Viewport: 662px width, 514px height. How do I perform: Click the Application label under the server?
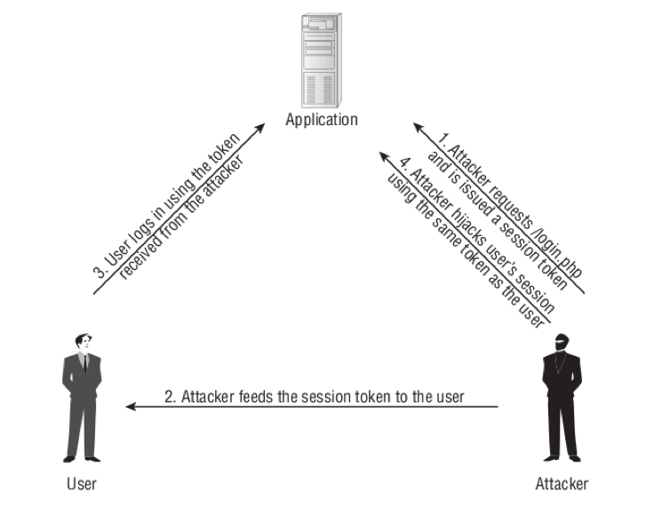[321, 119]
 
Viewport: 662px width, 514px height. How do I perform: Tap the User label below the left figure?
[81, 484]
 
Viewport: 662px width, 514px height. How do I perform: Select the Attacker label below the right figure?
[561, 484]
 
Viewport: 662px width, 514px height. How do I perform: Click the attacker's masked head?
[560, 342]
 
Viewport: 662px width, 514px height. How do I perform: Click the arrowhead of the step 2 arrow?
[132, 407]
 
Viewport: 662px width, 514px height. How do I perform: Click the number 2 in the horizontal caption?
[169, 396]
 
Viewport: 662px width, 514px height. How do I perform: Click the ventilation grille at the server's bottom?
[322, 89]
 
